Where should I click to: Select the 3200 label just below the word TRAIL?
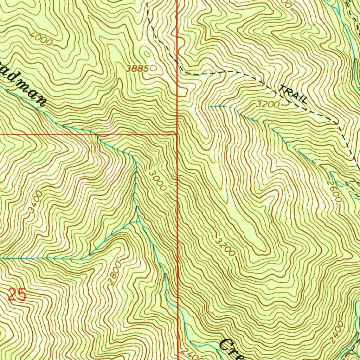268,104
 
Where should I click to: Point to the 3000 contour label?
157,181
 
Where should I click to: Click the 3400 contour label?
36,202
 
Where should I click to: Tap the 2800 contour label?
115,272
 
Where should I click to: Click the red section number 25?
17,295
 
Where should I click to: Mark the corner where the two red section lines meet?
177,134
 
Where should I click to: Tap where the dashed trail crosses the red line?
177,67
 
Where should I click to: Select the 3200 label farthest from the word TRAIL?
225,247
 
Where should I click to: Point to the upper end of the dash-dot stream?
210,106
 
